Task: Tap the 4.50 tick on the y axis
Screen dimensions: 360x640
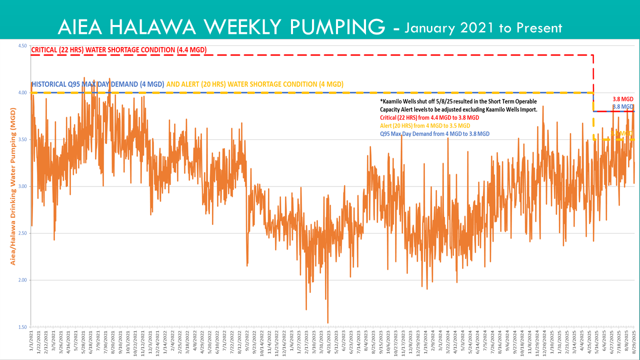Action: (22, 45)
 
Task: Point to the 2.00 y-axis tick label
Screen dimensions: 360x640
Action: (22, 280)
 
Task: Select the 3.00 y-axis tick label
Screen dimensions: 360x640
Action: (22, 186)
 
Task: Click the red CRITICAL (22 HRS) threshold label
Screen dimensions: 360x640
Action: (119, 50)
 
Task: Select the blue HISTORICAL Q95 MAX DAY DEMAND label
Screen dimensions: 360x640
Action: (97, 84)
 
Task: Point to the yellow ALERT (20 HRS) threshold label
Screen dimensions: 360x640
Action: (255, 84)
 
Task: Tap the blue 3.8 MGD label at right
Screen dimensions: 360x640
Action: (623, 106)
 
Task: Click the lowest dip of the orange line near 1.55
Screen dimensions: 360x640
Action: (327, 322)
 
